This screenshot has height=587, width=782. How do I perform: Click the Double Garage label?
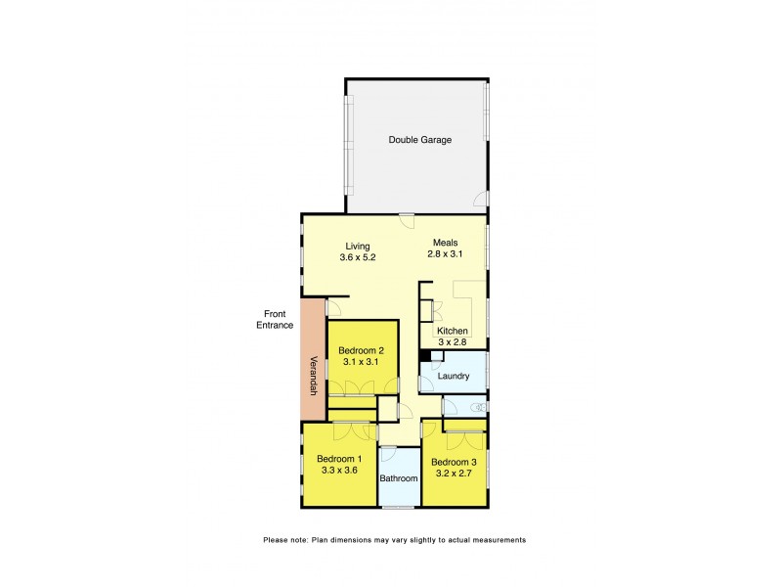(419, 140)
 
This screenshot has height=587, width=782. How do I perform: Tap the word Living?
(358, 246)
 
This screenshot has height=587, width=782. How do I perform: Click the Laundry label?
(454, 376)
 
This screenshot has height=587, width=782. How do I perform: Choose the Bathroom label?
(399, 478)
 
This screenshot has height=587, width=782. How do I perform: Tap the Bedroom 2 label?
(362, 350)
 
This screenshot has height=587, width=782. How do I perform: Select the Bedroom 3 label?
(454, 462)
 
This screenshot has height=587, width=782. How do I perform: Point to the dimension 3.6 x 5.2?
(358, 257)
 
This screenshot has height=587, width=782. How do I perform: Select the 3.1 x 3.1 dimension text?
(362, 362)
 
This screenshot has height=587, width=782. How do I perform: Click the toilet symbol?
(477, 406)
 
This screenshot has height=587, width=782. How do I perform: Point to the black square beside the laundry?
(425, 356)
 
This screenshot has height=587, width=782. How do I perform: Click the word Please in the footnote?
(275, 539)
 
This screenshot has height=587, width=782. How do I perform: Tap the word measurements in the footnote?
(498, 539)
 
